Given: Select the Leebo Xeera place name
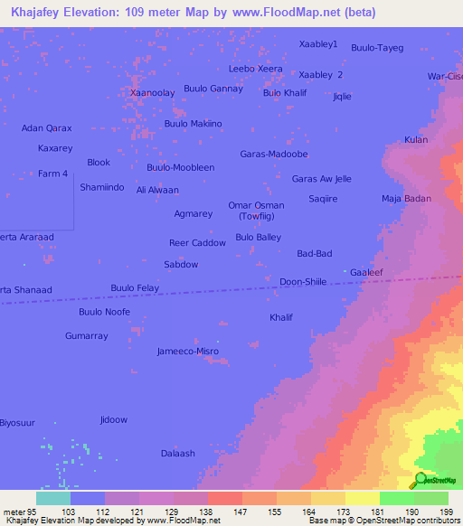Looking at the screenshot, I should tap(256, 69).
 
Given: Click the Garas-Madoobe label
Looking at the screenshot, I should tap(274, 154).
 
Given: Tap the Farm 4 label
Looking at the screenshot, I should tap(52, 174).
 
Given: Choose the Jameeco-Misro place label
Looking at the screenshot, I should tap(188, 351).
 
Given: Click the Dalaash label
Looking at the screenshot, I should tap(177, 453).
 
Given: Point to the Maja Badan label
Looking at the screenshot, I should tap(406, 198).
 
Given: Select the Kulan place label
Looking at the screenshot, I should tap(416, 139).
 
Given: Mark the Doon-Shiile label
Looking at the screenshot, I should tap(303, 281).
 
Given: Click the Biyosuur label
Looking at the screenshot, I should tap(15, 423).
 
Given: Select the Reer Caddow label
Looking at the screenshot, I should tap(197, 243).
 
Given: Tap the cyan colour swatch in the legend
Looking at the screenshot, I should tap(53, 498).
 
